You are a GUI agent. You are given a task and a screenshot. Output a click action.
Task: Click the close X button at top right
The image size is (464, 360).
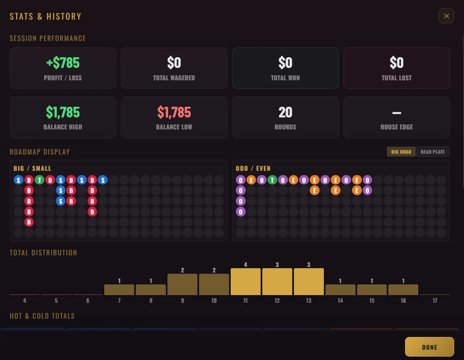pos(446,16)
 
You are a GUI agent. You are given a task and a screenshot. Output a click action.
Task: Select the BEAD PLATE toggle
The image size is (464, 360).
pos(432,152)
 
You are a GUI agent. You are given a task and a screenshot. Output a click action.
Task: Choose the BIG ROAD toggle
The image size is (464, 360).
pos(401,152)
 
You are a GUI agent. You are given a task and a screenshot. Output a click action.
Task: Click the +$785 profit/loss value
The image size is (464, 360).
pos(63,63)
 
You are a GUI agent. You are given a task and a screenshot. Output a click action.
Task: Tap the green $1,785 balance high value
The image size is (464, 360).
pos(63,112)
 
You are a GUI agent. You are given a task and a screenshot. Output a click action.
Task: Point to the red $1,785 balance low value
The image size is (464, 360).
pos(174,112)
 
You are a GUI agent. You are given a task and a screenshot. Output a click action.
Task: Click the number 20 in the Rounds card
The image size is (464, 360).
pos(285,112)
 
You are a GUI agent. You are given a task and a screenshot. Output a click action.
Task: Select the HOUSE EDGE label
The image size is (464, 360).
pos(396,127)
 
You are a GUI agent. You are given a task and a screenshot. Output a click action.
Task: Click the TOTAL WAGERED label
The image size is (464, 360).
pos(174,78)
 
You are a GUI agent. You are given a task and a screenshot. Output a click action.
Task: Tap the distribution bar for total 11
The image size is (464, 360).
pos(245,282)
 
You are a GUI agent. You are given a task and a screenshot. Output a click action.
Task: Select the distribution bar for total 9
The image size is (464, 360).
pos(182,284)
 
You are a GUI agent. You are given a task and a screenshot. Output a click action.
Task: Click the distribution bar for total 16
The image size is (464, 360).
pos(403,290)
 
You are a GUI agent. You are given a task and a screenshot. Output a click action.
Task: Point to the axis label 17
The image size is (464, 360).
pos(435,301)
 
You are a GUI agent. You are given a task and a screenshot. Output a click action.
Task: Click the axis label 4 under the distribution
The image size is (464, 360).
pos(25,301)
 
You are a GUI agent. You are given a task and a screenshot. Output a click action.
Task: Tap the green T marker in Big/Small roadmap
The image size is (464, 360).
pos(39,180)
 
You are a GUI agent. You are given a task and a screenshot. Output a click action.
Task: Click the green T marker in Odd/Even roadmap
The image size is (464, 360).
pos(272,180)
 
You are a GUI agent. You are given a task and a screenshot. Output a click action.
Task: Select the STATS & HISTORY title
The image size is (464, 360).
pos(45,17)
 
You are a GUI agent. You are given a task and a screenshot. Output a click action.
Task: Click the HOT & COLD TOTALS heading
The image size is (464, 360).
pos(42,316)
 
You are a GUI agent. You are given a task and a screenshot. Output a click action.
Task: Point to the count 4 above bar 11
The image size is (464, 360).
pos(245,265)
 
